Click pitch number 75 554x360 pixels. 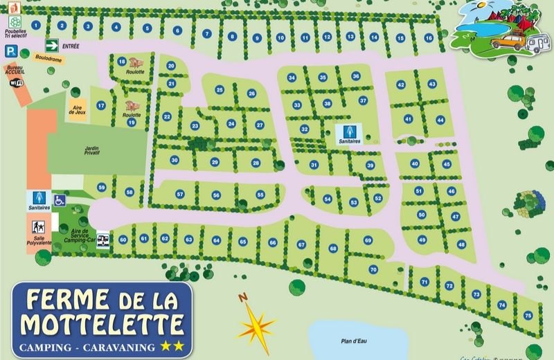[528, 316]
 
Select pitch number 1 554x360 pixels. [35, 24]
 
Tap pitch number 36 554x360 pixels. [356, 75]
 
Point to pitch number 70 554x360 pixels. [373, 269]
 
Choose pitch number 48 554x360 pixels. [461, 244]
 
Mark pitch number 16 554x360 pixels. [429, 38]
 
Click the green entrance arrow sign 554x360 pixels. [52, 46]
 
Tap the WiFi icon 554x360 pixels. [16, 82]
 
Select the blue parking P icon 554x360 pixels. [11, 51]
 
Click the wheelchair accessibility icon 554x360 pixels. [60, 200]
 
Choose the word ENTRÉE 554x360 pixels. [71, 46]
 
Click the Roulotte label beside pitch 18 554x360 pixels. [136, 71]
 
